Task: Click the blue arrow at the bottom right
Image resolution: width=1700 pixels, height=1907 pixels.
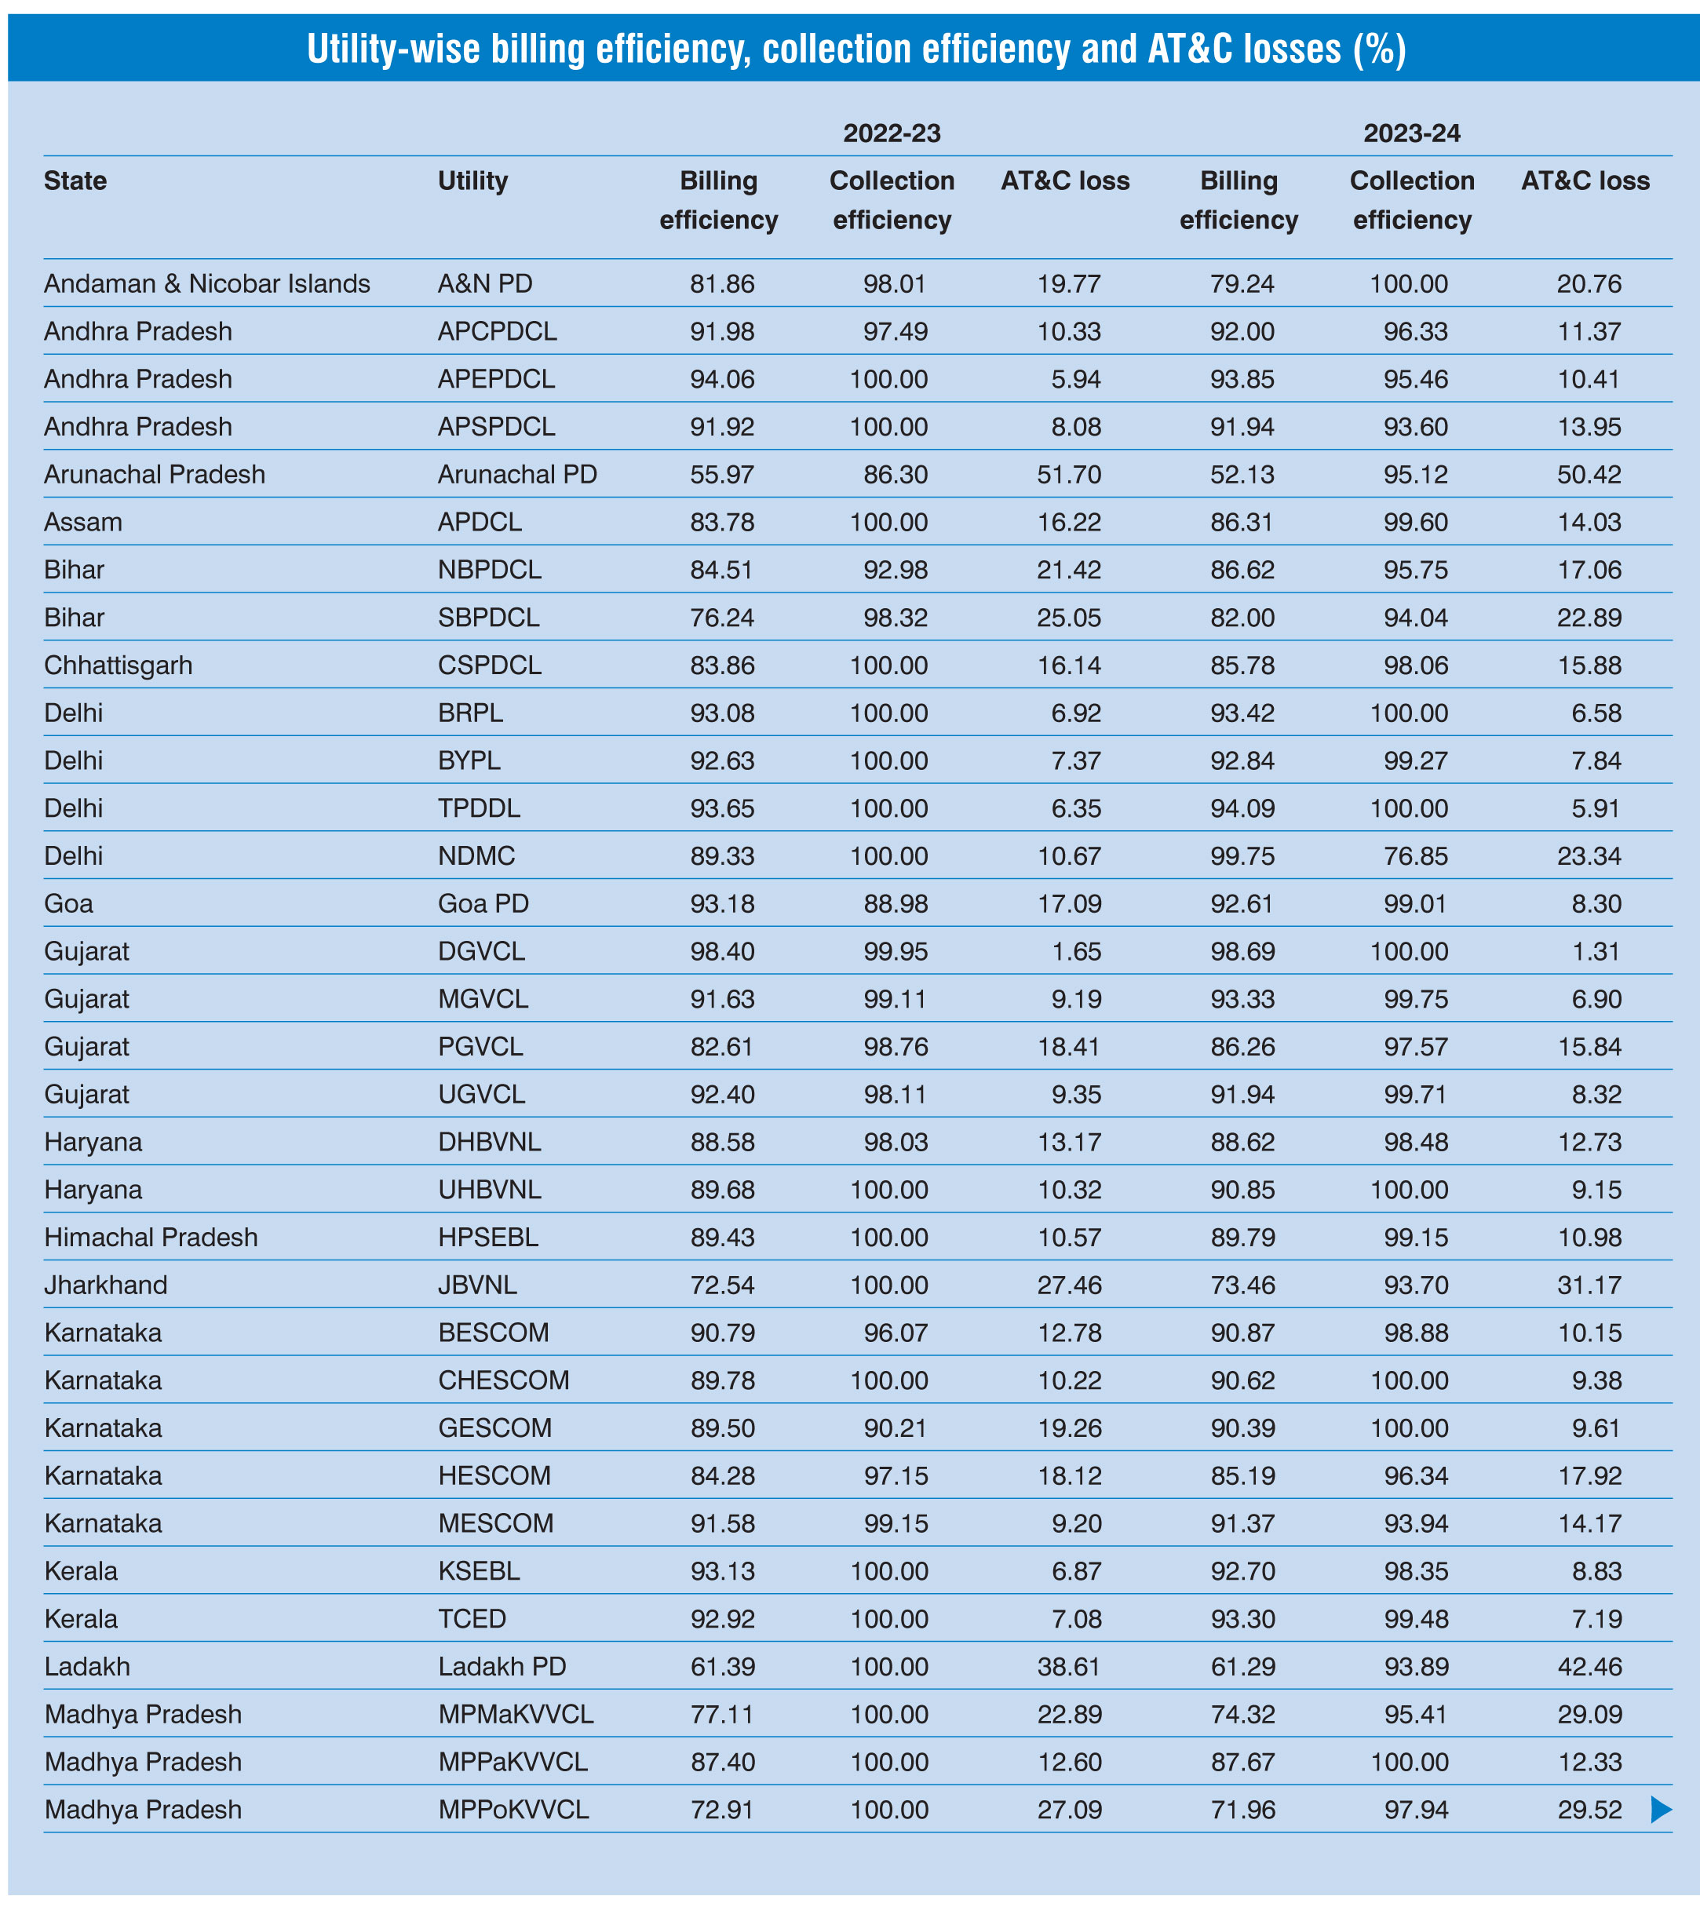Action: [1661, 1810]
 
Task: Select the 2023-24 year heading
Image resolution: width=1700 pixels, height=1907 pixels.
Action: [1411, 133]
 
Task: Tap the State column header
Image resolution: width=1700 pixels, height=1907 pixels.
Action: [75, 180]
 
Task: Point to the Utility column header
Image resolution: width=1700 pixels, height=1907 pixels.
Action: [472, 180]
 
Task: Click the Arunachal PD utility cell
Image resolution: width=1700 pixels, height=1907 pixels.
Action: [517, 475]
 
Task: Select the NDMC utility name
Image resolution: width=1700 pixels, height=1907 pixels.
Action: [476, 856]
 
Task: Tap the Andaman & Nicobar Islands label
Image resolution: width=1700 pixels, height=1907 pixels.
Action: [207, 284]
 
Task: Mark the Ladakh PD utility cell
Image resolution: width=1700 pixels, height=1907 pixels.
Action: [502, 1667]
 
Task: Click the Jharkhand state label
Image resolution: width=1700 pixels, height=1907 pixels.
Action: [105, 1285]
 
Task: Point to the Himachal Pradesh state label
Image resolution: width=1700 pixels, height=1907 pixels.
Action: [151, 1238]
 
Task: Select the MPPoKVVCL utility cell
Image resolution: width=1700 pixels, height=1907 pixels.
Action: [514, 1810]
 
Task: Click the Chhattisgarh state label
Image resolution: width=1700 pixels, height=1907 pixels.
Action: [119, 665]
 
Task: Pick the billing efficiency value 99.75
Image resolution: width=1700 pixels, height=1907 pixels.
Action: [1242, 856]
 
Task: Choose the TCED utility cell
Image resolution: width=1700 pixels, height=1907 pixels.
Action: [472, 1618]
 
